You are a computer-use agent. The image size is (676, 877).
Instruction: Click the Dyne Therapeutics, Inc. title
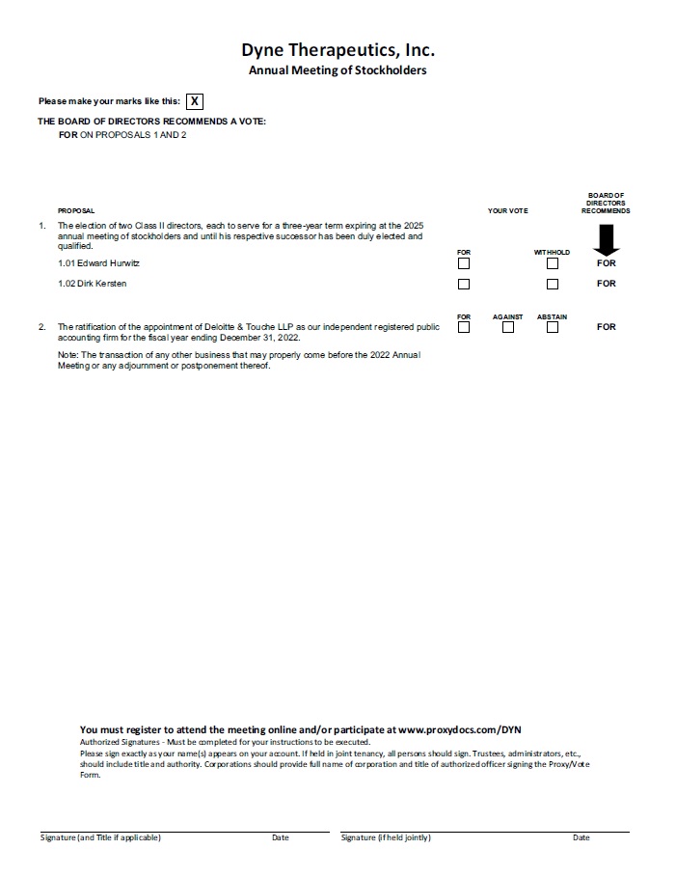pos(338,49)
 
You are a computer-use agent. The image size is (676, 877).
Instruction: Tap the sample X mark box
pos(195,101)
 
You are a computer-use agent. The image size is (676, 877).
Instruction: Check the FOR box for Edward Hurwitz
pos(464,263)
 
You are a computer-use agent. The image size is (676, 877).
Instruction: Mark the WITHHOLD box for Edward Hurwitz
pos(553,263)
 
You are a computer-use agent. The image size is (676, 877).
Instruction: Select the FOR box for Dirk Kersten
pos(464,284)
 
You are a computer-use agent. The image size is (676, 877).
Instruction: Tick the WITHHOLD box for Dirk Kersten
pos(553,284)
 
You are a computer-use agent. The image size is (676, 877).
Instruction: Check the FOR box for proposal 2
pos(464,327)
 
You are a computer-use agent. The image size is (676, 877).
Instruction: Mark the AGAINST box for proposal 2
pos(508,327)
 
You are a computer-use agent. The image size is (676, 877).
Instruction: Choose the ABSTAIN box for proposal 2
pos(553,327)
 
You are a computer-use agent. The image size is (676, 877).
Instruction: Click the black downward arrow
pos(606,239)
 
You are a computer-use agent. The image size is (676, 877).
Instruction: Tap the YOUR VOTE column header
pos(507,210)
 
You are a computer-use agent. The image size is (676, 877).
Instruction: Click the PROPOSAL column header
pos(76,210)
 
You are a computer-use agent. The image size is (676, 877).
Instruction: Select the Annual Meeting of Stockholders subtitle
pos(338,70)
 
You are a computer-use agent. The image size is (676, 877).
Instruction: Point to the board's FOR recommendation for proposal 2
pos(606,327)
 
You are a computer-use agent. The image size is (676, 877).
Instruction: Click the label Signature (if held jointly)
pos(386,837)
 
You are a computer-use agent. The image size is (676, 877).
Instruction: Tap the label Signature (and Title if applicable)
pos(100,837)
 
